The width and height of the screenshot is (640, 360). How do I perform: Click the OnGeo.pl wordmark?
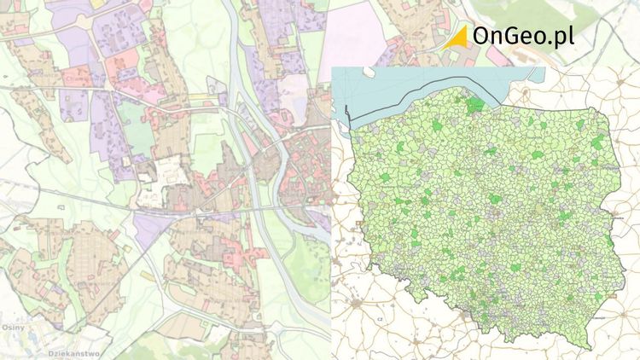click(x=522, y=36)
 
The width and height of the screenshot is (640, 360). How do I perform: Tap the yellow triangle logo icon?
click(x=458, y=36)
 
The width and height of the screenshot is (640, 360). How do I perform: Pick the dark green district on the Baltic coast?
click(x=474, y=106)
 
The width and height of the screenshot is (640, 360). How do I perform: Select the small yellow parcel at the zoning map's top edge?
click(x=97, y=3)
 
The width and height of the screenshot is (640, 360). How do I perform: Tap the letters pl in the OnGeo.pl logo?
click(x=563, y=38)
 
